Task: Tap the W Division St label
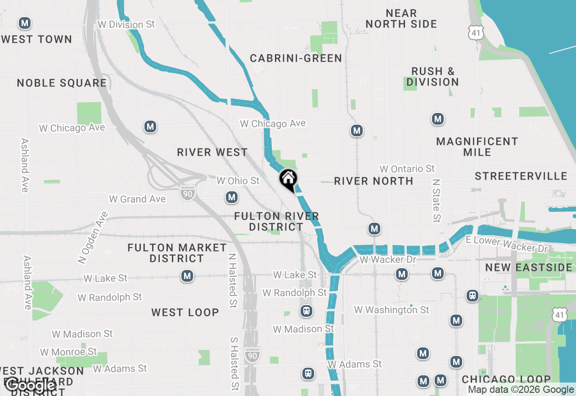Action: click(x=126, y=24)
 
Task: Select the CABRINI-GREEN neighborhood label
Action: click(x=296, y=58)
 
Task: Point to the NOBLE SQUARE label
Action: click(x=62, y=83)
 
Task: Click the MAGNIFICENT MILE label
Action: click(x=477, y=147)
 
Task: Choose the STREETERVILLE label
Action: click(x=521, y=176)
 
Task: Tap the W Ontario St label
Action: click(x=407, y=169)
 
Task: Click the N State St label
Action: click(x=436, y=201)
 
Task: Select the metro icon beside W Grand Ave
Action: click(x=232, y=197)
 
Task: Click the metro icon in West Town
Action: click(x=25, y=22)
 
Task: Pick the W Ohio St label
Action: click(x=238, y=180)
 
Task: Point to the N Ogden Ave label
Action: click(x=93, y=237)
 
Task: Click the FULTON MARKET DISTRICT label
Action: click(x=177, y=253)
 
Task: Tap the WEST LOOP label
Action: click(x=185, y=312)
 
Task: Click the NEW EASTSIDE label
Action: click(x=529, y=268)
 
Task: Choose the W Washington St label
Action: click(x=391, y=310)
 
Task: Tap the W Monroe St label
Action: click(x=68, y=351)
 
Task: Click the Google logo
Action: click(x=31, y=385)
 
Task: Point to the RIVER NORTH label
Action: click(x=373, y=181)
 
